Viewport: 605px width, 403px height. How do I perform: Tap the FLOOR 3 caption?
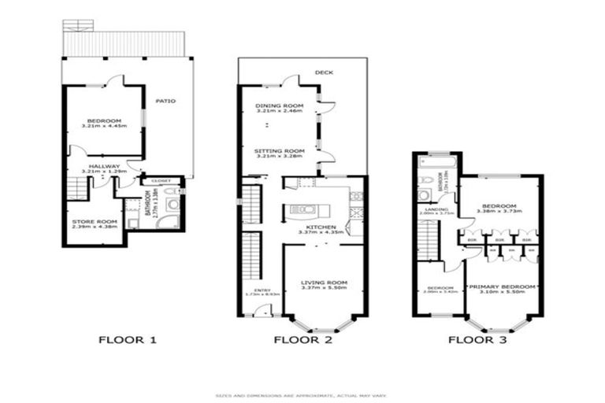tap(477, 341)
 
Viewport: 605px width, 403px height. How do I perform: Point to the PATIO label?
tap(165, 102)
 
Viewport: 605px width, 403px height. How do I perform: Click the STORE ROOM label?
tap(95, 222)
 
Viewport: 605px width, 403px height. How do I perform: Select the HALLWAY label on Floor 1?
tap(104, 166)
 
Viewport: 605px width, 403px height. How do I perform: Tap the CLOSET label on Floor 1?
tap(161, 181)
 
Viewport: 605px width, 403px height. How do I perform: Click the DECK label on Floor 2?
tap(324, 72)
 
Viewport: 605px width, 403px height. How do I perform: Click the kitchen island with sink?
tap(303, 209)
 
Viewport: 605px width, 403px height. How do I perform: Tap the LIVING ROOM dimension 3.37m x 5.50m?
tap(324, 287)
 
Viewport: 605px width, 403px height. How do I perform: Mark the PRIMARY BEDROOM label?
tap(502, 287)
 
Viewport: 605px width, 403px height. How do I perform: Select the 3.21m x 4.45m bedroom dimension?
tap(104, 126)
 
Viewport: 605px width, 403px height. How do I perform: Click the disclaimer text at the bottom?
tap(302, 395)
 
